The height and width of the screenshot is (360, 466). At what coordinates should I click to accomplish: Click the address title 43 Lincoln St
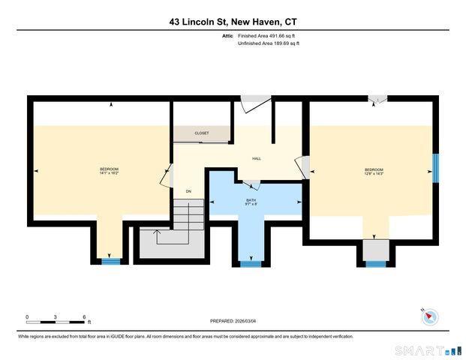pyautogui.click(x=233, y=22)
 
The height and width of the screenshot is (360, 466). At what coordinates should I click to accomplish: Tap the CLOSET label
pyautogui.click(x=202, y=133)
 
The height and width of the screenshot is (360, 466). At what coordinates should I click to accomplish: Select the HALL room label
pyautogui.click(x=256, y=158)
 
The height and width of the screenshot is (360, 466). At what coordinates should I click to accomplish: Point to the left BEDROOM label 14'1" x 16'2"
pyautogui.click(x=110, y=171)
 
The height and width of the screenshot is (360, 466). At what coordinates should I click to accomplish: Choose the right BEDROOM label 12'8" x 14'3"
pyautogui.click(x=374, y=172)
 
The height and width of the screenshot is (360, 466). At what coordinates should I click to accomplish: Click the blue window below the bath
pyautogui.click(x=251, y=263)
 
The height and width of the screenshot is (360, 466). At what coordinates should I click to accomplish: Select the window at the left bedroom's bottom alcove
pyautogui.click(x=110, y=261)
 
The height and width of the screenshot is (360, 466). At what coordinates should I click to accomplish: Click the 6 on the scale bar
pyautogui.click(x=84, y=316)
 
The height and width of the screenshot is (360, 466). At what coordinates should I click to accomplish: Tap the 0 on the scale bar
pyautogui.click(x=27, y=316)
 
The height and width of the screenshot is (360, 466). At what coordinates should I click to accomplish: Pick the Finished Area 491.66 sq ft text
pyautogui.click(x=269, y=35)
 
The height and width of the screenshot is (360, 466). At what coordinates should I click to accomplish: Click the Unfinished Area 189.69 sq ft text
pyautogui.click(x=269, y=43)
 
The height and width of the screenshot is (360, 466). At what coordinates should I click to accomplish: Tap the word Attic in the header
pyautogui.click(x=227, y=35)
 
